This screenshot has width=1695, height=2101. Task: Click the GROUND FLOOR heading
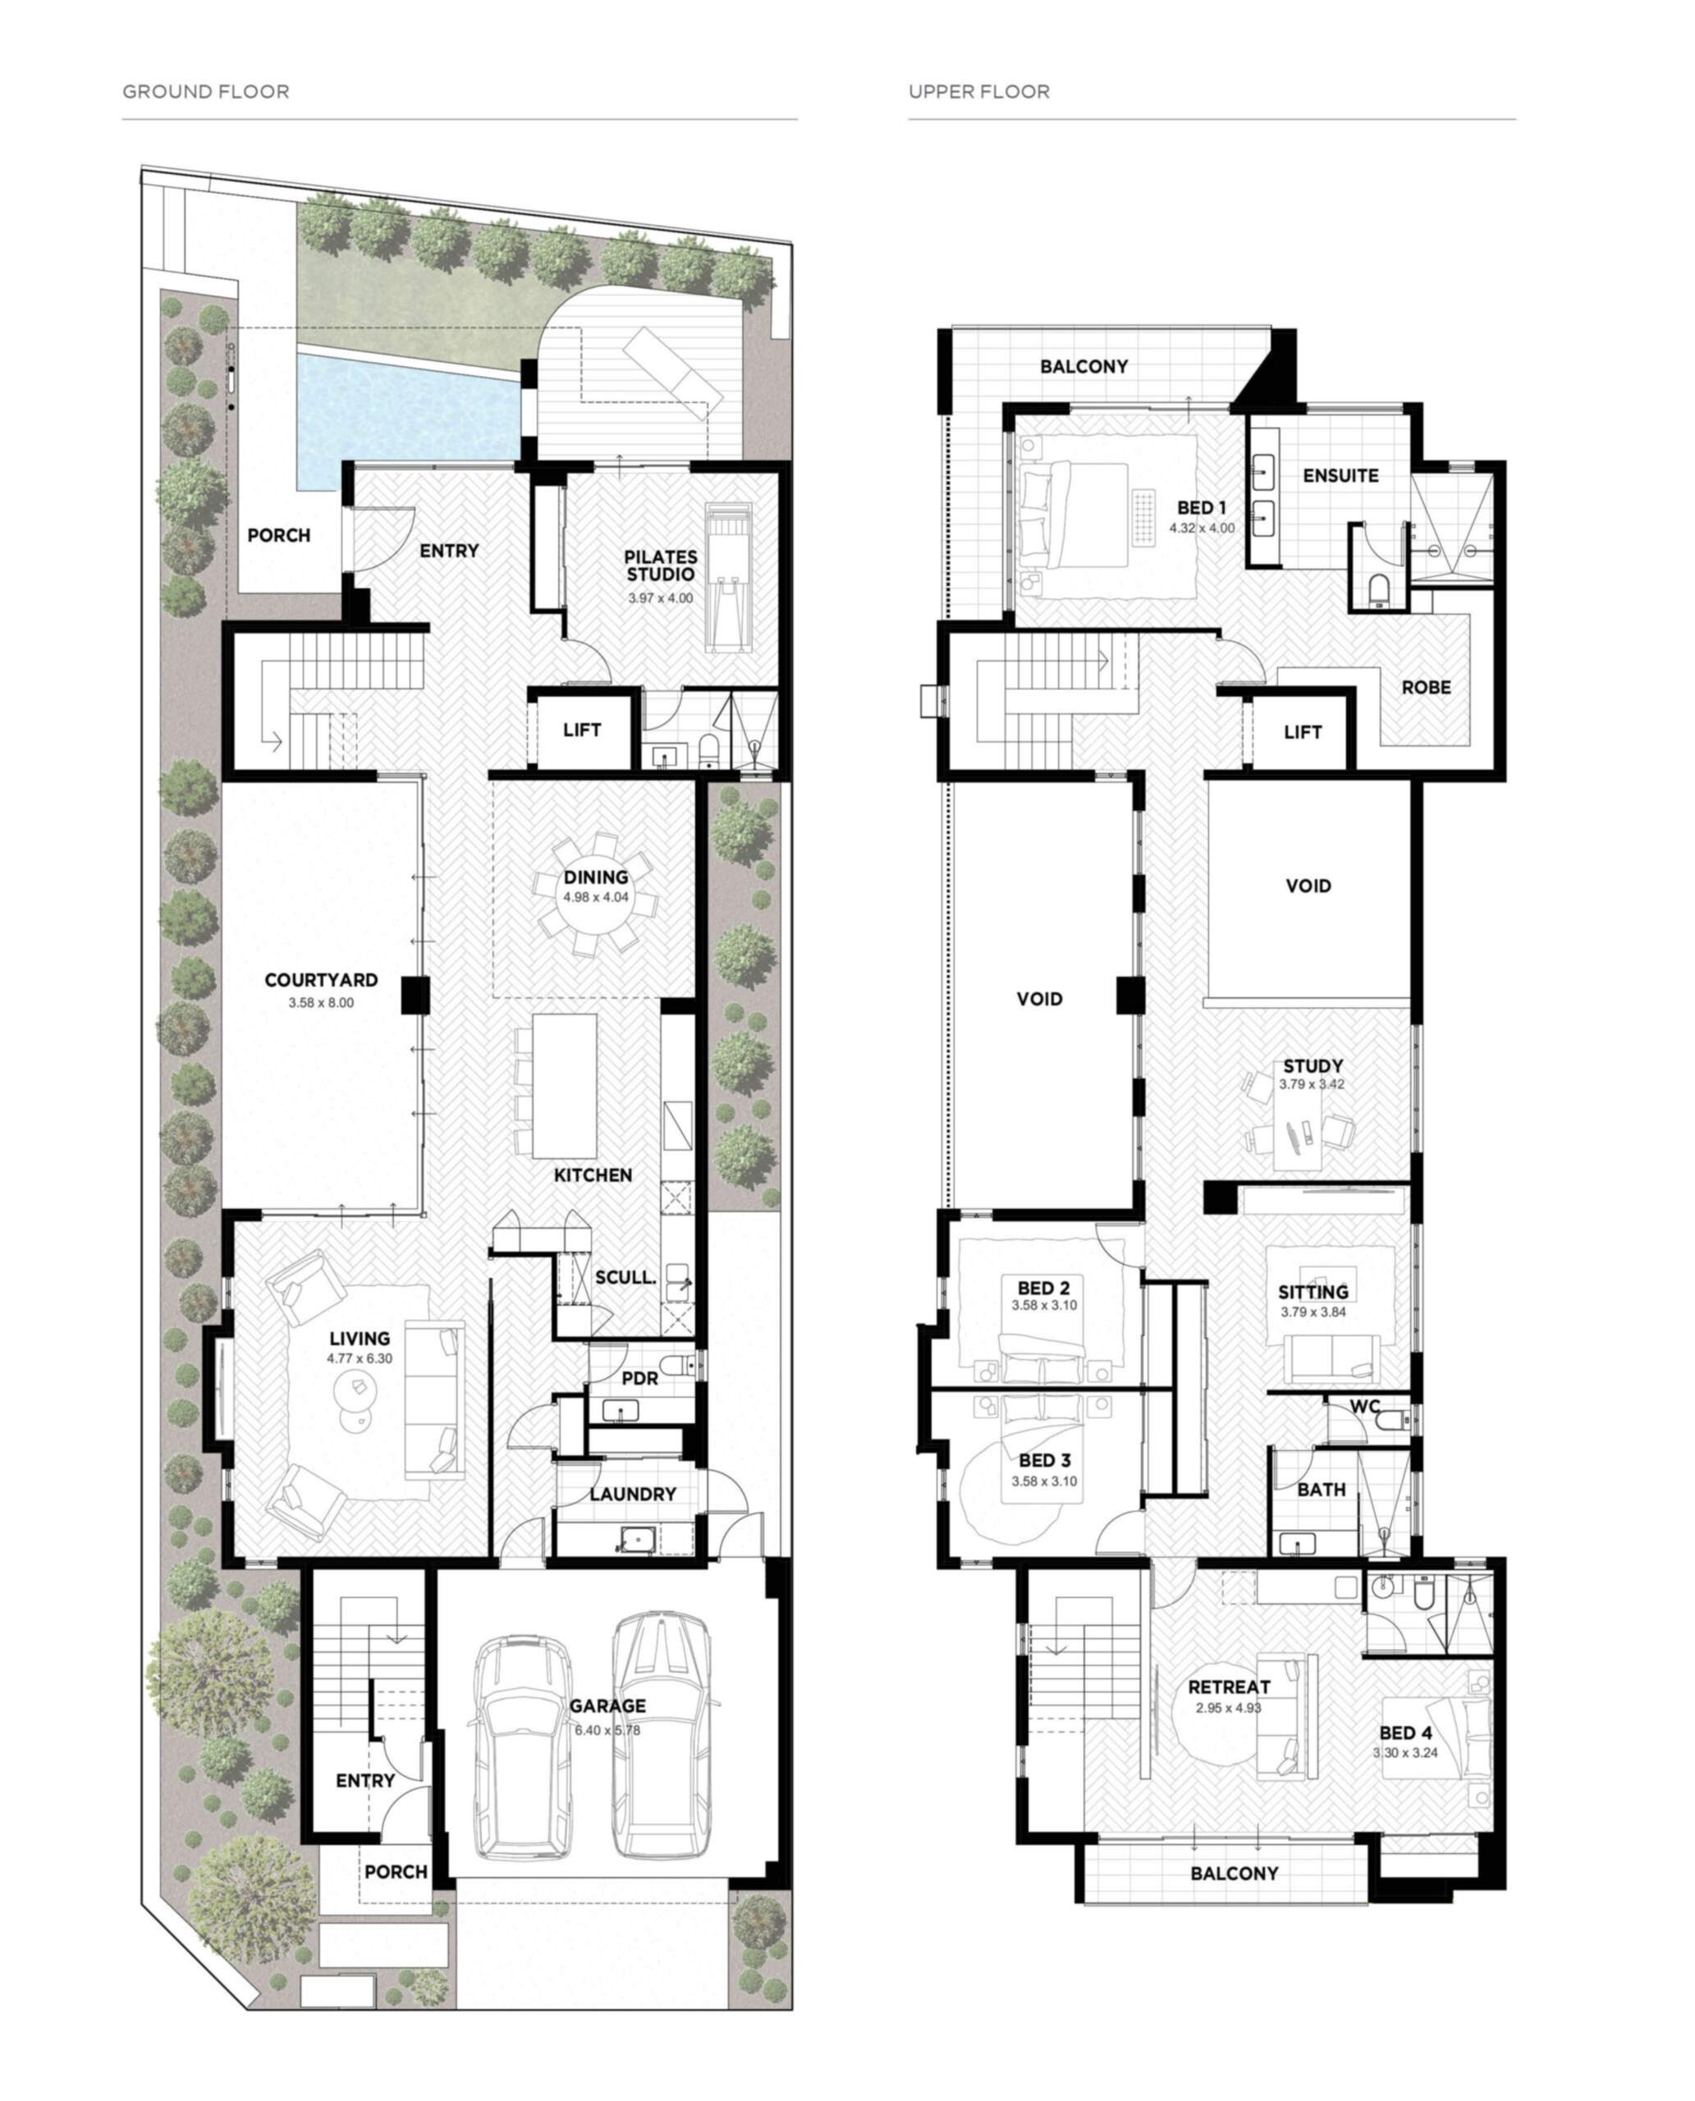click(x=206, y=92)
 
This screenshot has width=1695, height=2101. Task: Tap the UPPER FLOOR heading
click(x=979, y=92)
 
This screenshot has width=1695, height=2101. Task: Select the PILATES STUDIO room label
click(x=661, y=565)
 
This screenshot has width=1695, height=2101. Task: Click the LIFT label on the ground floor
click(x=582, y=730)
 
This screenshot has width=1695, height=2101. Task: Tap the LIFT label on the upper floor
click(x=1303, y=731)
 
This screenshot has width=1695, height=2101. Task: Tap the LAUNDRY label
click(x=633, y=1494)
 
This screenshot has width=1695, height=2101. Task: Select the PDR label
click(x=639, y=1379)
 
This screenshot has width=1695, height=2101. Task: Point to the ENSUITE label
click(x=1340, y=475)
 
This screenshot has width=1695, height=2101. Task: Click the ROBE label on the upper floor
click(x=1427, y=687)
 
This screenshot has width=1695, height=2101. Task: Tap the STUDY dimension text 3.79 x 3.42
click(x=1312, y=1083)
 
